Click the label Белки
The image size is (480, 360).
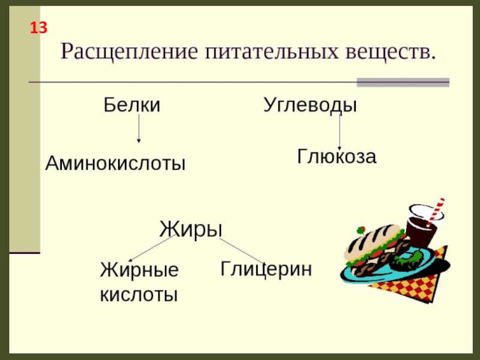[132, 106]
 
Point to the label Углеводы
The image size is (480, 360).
[310, 106]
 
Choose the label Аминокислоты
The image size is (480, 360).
[116, 163]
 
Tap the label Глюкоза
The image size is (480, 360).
[337, 157]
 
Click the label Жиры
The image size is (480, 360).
[191, 229]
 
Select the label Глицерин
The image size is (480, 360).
[266, 268]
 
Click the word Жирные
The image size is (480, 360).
[139, 270]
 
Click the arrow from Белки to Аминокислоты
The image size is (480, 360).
[139, 129]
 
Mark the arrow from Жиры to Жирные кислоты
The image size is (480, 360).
[153, 247]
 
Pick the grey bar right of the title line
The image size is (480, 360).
[403, 82]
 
